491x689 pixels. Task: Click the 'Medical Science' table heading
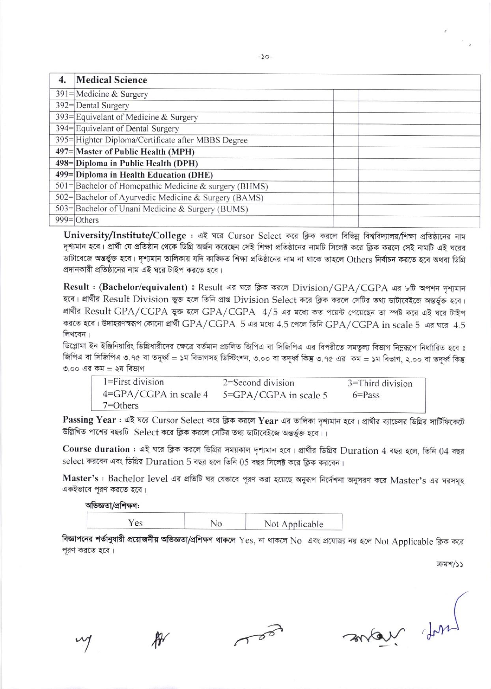coord(112,80)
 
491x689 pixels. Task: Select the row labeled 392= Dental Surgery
coord(102,106)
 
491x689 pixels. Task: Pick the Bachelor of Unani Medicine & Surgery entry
coord(162,209)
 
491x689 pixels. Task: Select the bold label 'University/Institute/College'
coord(125,236)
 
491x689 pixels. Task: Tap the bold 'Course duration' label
coord(96,449)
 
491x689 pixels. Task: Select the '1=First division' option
coord(133,382)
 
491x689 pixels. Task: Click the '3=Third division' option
coord(380,384)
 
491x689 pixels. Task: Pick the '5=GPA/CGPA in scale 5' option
coord(275,395)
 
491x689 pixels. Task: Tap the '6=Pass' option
coord(366,395)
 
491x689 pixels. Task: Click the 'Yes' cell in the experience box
coord(135,523)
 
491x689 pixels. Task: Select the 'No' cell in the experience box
coord(216,523)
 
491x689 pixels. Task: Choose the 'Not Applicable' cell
coord(294,524)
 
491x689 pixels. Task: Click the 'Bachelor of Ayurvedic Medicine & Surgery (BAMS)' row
coord(170,198)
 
